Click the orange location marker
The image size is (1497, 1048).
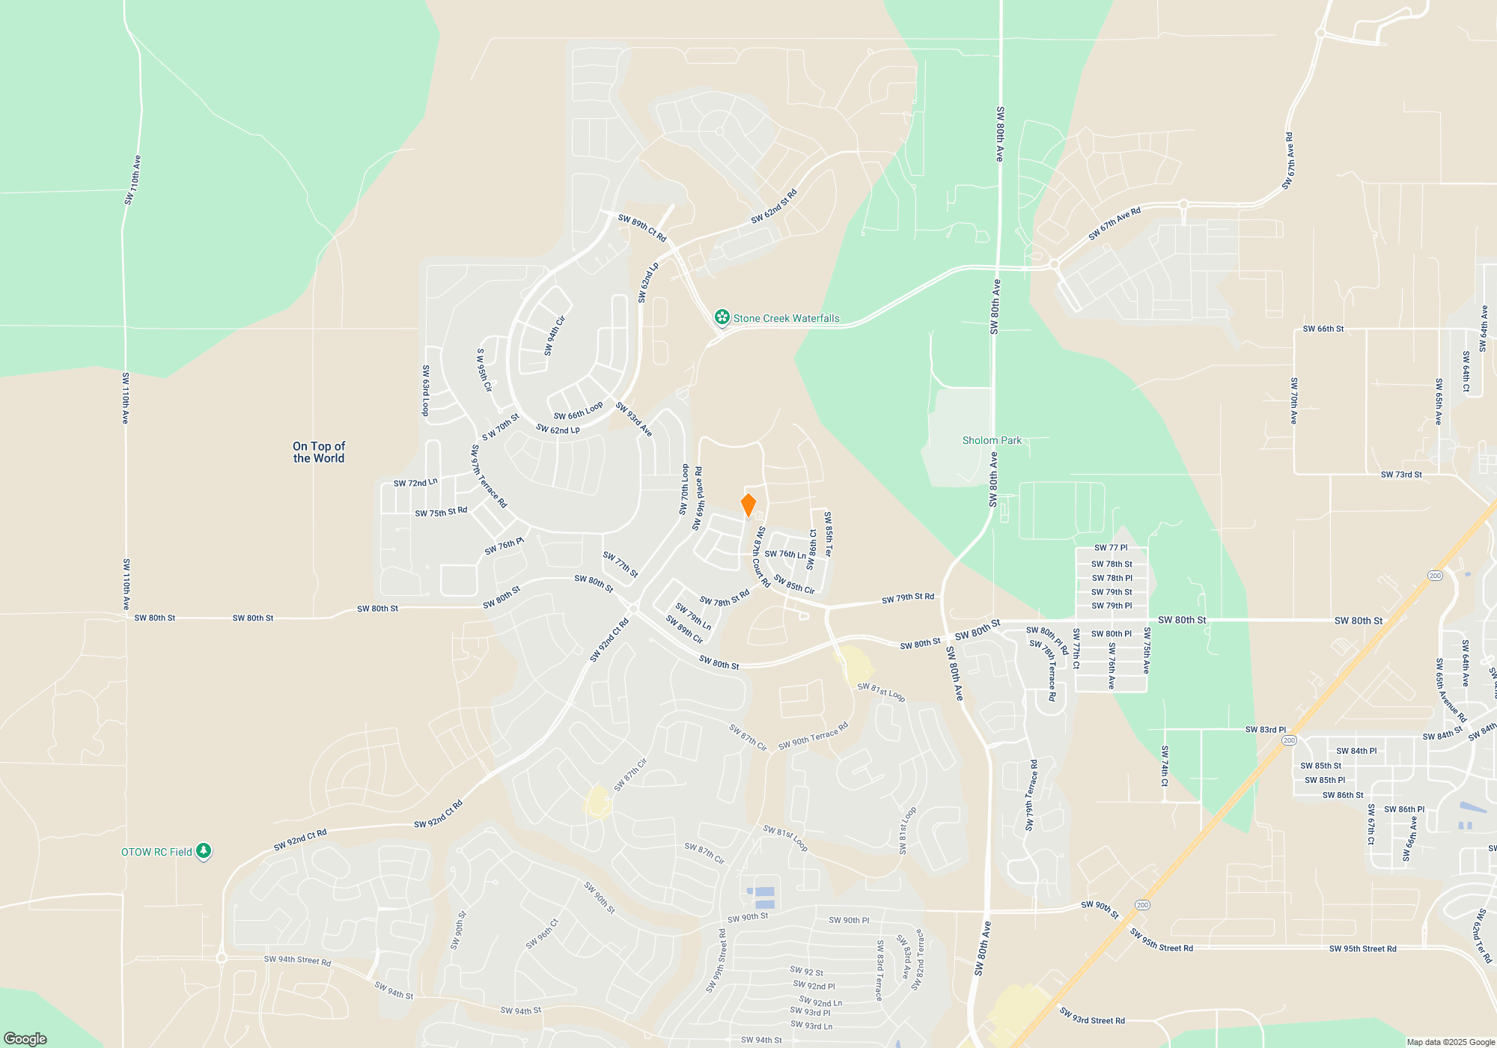(x=748, y=505)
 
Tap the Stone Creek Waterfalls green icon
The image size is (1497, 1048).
(x=722, y=317)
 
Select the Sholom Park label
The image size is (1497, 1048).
(x=992, y=440)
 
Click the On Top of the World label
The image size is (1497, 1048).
(x=319, y=452)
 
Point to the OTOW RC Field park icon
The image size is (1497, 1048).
(x=203, y=851)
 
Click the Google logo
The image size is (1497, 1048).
(x=25, y=1038)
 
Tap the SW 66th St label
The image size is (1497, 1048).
(x=1323, y=329)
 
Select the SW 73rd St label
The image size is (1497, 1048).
(x=1401, y=475)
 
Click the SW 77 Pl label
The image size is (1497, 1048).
(x=1111, y=548)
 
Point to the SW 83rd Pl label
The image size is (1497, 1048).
(x=1265, y=729)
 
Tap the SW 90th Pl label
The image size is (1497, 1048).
(x=849, y=920)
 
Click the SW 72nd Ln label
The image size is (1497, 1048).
(x=415, y=483)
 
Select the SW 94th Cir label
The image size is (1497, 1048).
(x=555, y=336)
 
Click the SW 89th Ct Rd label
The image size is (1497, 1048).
(x=642, y=228)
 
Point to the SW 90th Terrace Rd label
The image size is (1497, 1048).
(x=813, y=736)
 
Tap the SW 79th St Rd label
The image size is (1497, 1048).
(x=907, y=597)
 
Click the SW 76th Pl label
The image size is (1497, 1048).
(x=504, y=546)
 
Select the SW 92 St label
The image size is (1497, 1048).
(x=806, y=972)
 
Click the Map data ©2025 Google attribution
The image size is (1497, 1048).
(x=1450, y=1042)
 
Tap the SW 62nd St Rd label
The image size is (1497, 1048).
(x=774, y=207)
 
